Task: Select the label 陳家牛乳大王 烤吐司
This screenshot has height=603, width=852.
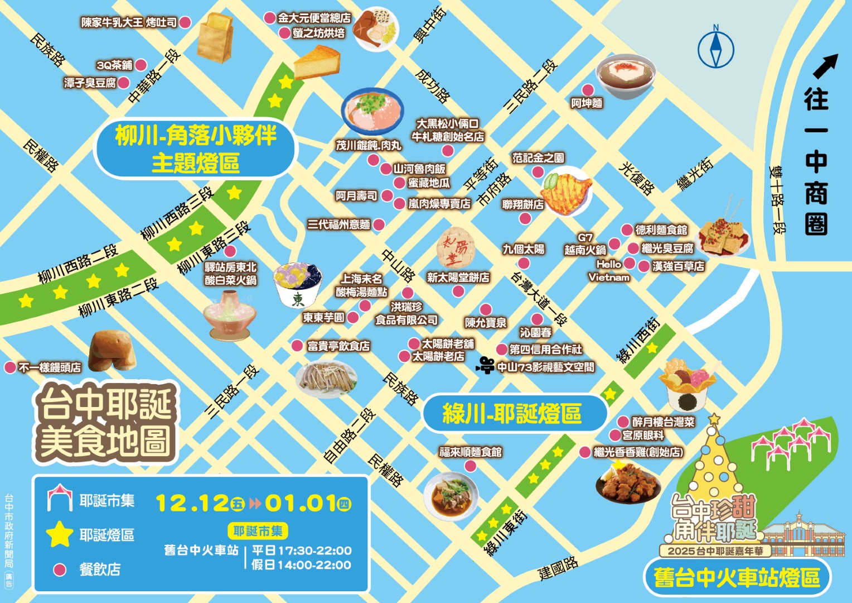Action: point(129,22)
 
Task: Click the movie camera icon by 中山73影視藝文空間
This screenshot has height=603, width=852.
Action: point(486,366)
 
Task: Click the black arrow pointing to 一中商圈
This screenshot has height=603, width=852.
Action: point(825,66)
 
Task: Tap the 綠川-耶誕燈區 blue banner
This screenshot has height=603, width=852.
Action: point(514,414)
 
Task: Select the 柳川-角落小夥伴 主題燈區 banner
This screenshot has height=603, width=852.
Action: point(196,149)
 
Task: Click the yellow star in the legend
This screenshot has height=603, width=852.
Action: point(59,534)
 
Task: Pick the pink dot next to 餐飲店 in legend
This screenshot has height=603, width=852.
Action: point(59,569)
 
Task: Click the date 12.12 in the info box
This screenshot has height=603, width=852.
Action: point(192,503)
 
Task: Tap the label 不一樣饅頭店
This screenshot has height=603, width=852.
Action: point(50,367)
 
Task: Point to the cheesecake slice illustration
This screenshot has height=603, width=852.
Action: point(317,63)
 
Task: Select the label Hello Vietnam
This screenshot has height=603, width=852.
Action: point(608,271)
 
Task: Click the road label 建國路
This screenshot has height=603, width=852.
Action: point(558,568)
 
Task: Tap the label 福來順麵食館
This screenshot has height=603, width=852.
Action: point(471,452)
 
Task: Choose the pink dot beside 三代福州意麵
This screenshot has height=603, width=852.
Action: point(379,225)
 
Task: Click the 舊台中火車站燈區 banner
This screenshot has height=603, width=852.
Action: point(737,578)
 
